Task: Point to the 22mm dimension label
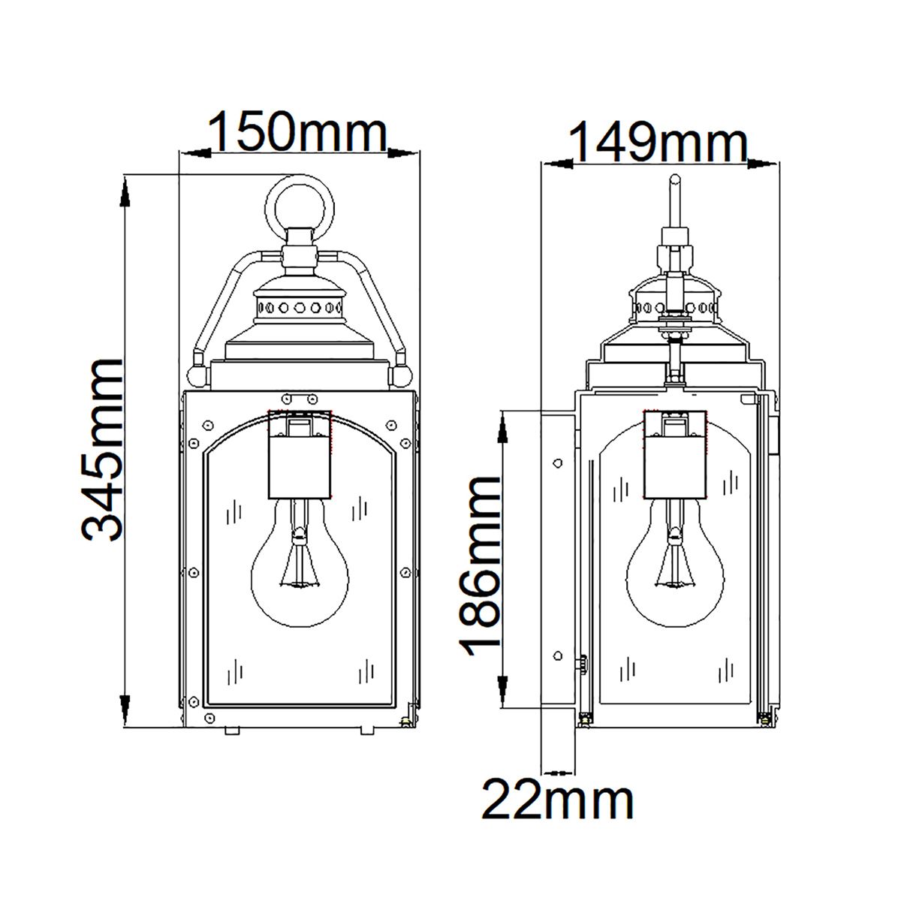click(557, 801)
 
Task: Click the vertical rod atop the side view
click(675, 201)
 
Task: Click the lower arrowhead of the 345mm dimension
click(125, 710)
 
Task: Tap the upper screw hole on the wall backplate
click(557, 463)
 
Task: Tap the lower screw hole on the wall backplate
click(557, 655)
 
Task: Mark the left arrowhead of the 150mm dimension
click(194, 153)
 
